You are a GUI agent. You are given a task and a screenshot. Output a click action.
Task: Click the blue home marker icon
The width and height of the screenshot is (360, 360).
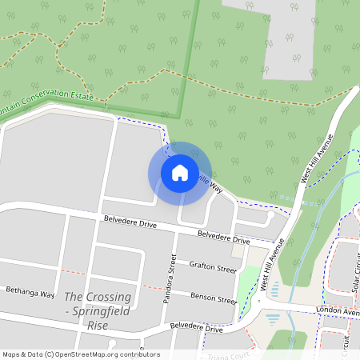[x=179, y=172]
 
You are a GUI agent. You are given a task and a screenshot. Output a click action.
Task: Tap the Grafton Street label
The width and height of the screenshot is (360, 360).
[x=212, y=266]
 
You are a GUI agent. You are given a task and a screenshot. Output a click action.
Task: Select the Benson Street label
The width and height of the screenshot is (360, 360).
[x=214, y=298]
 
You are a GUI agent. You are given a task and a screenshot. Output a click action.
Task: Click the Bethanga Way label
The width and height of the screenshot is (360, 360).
[x=30, y=292]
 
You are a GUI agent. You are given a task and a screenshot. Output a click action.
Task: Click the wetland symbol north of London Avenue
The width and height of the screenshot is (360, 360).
[x=276, y=287]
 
